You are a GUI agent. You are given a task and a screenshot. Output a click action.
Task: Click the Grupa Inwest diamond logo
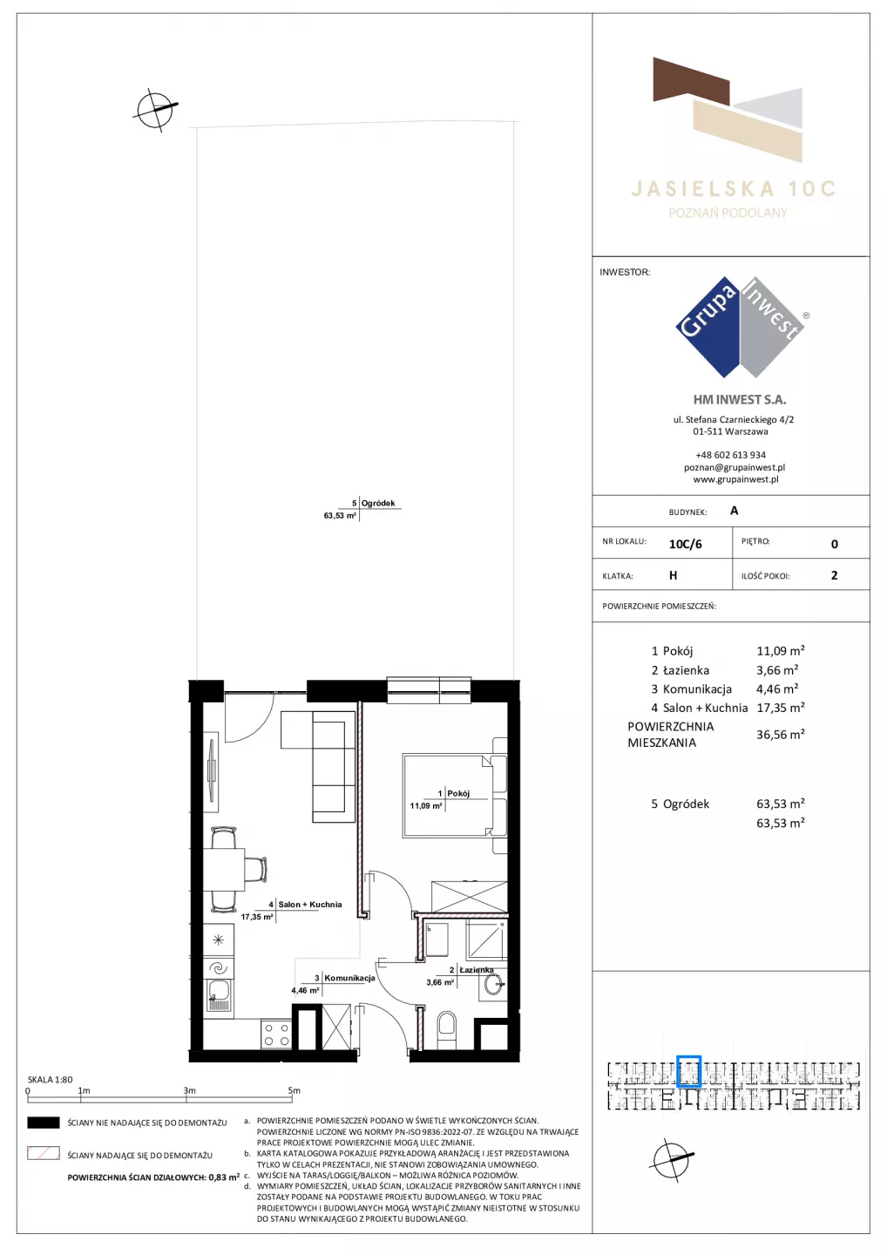[x=741, y=327]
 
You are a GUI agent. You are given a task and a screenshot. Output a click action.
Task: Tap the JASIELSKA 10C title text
[x=733, y=189]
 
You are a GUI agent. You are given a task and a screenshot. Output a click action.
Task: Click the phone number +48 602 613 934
[x=730, y=455]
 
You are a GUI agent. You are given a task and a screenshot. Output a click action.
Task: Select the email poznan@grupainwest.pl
[x=735, y=467]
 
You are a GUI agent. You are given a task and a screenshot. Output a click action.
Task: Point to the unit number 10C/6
[x=685, y=544]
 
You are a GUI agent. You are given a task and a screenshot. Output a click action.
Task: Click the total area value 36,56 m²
[x=780, y=734]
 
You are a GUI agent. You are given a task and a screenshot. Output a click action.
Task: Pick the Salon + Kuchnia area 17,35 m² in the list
[x=780, y=708]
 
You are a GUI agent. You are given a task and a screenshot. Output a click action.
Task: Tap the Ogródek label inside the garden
[x=378, y=503]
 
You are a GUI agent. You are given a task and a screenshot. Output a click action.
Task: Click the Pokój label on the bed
[x=458, y=793]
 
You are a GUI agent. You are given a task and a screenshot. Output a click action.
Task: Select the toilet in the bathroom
[x=447, y=1030]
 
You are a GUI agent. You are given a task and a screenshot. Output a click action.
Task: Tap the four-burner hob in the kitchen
[x=276, y=1035]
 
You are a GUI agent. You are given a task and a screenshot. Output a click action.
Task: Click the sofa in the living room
[x=318, y=766]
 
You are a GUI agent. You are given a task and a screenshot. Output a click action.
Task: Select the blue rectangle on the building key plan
[x=688, y=1071]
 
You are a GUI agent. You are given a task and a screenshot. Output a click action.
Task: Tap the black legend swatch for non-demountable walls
[x=43, y=1123]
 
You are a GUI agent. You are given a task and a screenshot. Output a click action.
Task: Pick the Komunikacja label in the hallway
[x=349, y=978]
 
